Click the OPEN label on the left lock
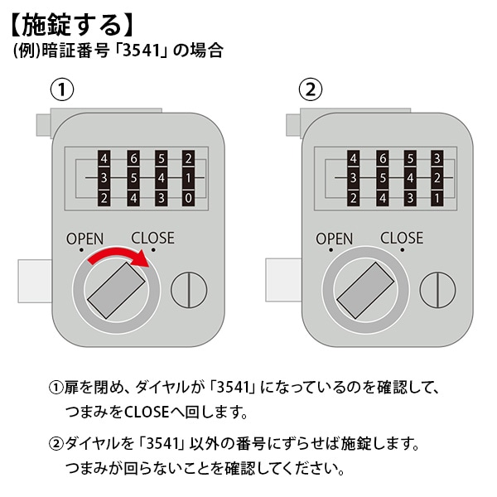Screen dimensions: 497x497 coord(85,239)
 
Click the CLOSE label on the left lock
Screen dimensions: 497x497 coord(152,238)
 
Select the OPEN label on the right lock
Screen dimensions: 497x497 coord(334,239)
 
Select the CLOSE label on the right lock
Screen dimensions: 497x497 coord(401,238)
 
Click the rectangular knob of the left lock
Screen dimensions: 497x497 coord(115,291)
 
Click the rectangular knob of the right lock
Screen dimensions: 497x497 coord(364,291)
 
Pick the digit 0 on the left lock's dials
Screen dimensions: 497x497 coord(189,198)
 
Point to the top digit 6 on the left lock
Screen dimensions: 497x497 coord(133,158)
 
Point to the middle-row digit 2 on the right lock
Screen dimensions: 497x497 coord(437,178)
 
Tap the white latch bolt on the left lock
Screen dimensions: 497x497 coord(34,281)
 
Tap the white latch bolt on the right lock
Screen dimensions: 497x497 coord(282,281)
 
